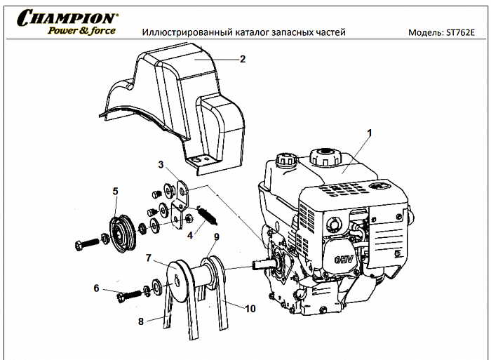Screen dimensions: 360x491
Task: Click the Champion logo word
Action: [x=67, y=18]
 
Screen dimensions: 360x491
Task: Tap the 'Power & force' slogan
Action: [x=81, y=30]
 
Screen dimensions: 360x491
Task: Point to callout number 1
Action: [x=370, y=133]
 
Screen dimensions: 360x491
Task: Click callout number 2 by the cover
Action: [x=243, y=59]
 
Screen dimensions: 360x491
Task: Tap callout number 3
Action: [x=161, y=165]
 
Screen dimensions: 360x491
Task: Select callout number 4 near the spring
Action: [x=189, y=236]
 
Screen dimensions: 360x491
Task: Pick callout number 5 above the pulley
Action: [x=116, y=190]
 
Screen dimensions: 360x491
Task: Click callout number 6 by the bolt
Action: [x=97, y=287]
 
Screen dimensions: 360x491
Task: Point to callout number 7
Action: [x=148, y=258]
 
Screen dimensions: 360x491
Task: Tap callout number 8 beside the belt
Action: [x=140, y=321]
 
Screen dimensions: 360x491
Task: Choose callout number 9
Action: [x=217, y=236]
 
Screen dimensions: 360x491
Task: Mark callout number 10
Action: [x=250, y=308]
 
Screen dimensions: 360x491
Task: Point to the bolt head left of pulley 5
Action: [x=79, y=245]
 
